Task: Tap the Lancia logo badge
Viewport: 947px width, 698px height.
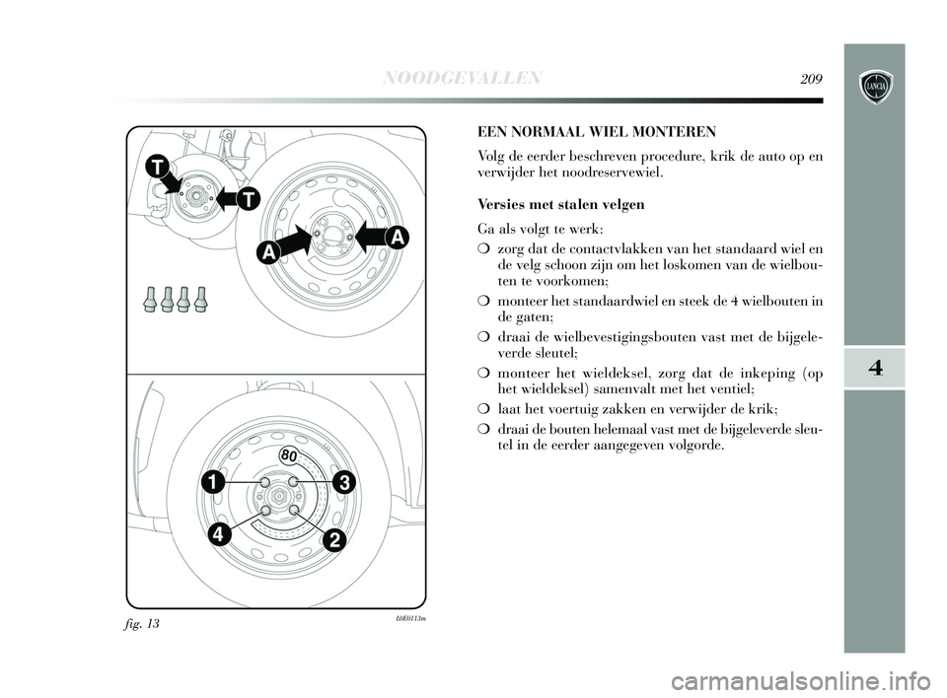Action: (875, 87)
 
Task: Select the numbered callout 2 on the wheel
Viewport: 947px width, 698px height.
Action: (335, 540)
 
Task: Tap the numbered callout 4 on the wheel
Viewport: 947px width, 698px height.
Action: (220, 535)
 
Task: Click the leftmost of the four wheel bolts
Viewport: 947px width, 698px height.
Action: (152, 298)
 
